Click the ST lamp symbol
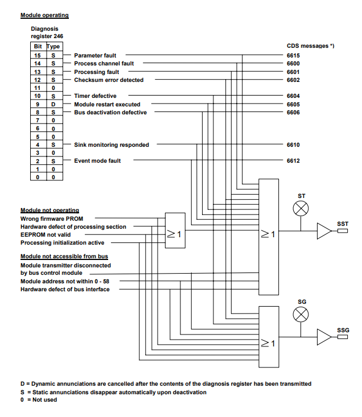coord(301,208)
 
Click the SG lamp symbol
coord(301,315)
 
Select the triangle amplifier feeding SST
coord(324,231)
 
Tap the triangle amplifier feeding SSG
coord(324,337)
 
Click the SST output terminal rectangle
coord(343,231)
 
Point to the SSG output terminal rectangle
coord(343,337)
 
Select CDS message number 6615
coord(293,56)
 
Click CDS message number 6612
coord(293,161)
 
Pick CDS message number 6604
coord(293,96)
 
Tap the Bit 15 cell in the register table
coord(38,55)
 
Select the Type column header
coord(53,47)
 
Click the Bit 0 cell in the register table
coord(38,177)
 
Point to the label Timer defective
coord(95,96)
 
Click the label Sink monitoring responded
coord(112,145)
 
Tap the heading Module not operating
coord(50,210)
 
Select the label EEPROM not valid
coord(46,235)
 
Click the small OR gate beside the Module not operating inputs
coord(175,230)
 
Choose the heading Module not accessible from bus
coord(64,257)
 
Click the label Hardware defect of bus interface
coord(65,290)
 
